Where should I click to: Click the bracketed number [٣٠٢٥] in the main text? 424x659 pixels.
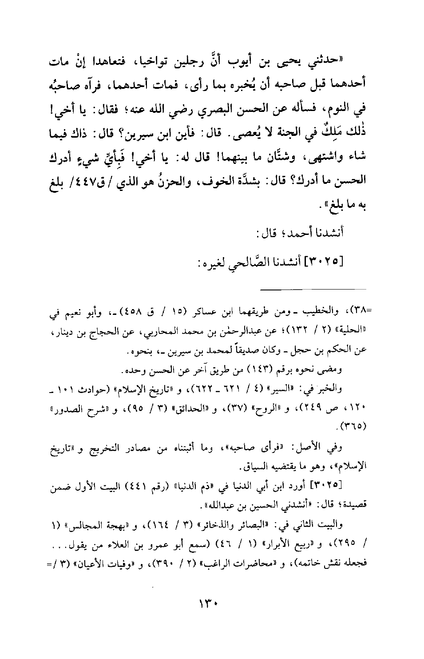point(327,258)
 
